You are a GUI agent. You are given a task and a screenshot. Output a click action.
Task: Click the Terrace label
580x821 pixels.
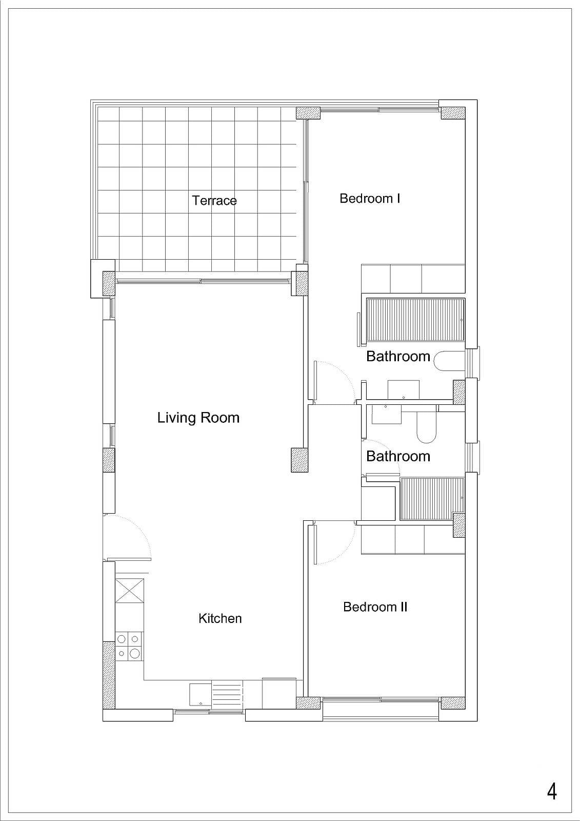(x=214, y=201)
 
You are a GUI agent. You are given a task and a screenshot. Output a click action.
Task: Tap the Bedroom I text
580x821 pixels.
(x=370, y=198)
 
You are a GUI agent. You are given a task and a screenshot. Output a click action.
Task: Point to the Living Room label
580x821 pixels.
(x=198, y=418)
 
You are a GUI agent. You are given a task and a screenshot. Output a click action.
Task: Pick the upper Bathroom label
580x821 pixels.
(x=398, y=356)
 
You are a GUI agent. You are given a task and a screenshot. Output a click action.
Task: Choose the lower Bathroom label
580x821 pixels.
(x=398, y=456)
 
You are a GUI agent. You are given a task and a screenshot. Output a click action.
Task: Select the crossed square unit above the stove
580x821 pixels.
(x=130, y=591)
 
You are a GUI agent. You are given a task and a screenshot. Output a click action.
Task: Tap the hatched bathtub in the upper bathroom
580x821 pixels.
(x=415, y=320)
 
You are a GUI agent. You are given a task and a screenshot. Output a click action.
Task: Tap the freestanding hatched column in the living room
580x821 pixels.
(x=299, y=460)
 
